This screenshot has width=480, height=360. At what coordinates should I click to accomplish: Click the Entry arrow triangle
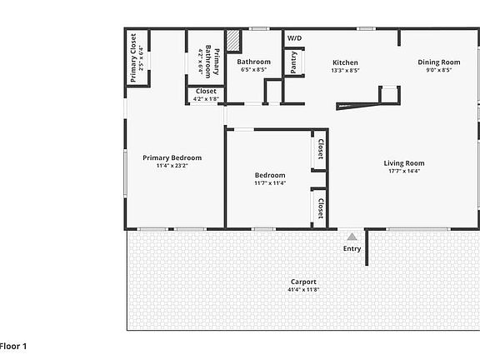(x=352, y=237)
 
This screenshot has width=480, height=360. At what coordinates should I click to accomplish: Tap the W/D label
(x=295, y=38)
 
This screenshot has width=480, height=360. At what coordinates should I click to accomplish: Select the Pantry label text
(x=293, y=62)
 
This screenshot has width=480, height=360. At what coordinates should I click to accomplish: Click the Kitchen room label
(x=345, y=62)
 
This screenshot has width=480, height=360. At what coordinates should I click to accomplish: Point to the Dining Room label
(x=439, y=62)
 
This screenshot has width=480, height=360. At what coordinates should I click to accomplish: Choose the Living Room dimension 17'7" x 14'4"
(x=404, y=172)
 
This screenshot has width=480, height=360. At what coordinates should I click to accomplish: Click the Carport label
(x=303, y=282)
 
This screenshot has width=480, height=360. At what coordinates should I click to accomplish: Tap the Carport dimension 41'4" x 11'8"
(x=303, y=290)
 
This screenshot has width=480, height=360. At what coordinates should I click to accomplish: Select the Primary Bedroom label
(x=172, y=157)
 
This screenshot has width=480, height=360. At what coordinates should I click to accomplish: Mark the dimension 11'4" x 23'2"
(x=172, y=166)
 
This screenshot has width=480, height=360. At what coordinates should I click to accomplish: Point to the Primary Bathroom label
(x=212, y=63)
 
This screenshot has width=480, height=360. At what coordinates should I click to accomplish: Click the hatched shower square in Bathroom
(x=234, y=41)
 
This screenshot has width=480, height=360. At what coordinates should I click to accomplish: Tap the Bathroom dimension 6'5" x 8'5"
(x=253, y=70)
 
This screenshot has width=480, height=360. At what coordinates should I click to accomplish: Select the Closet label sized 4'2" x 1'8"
(x=206, y=91)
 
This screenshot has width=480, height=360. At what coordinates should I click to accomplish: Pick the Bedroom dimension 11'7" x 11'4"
(x=270, y=183)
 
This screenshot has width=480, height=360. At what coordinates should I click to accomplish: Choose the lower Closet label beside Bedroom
(x=320, y=207)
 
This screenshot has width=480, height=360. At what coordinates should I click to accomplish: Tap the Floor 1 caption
(x=14, y=345)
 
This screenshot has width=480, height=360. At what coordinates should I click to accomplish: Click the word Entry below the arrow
(x=352, y=248)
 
